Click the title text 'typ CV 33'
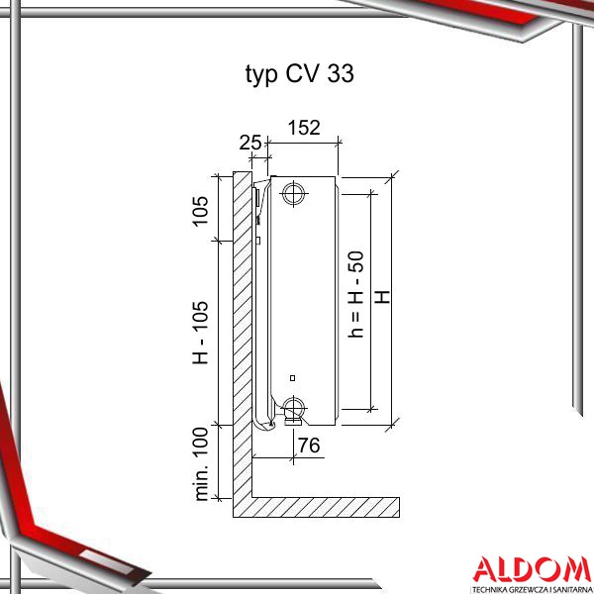[300, 73]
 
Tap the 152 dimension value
[304, 128]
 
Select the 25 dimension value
[250, 143]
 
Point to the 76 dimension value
[309, 445]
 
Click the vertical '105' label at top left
[201, 212]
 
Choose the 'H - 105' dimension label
[201, 333]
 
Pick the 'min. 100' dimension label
[201, 464]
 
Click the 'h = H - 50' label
[356, 294]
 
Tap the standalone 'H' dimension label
[382, 297]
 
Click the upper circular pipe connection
[293, 194]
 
